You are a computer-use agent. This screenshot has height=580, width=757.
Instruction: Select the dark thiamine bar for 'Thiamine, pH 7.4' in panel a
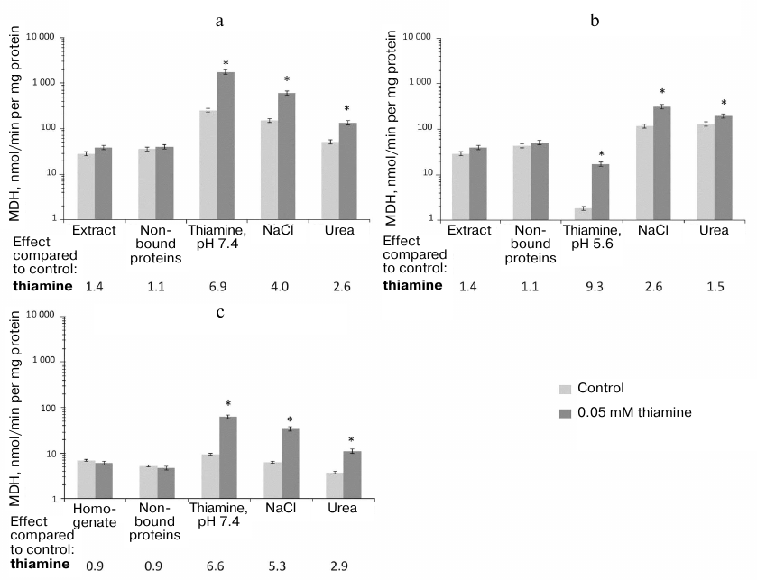click(226, 145)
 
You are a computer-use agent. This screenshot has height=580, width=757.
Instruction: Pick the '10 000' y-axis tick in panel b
click(428, 38)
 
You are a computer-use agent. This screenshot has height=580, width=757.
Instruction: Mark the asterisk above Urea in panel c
click(350, 441)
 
